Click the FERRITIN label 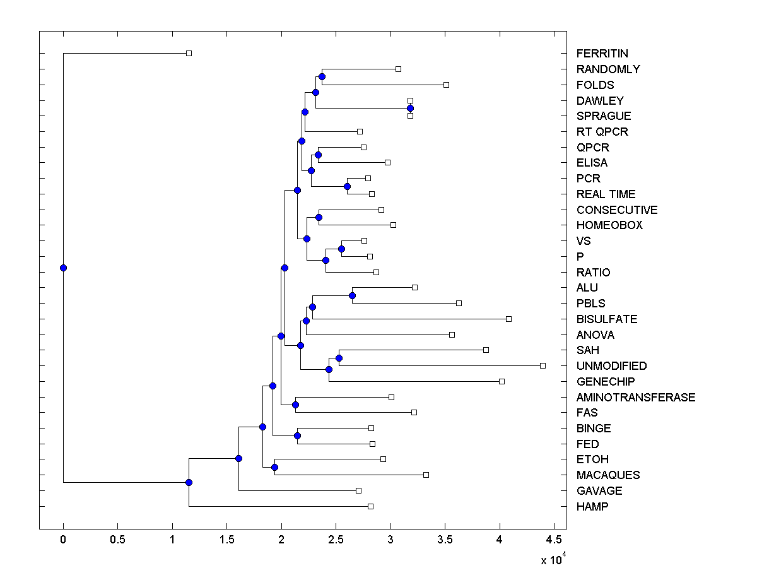pos(602,54)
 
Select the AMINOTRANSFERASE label pos(635,397)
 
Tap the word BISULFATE pos(606,319)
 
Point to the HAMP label pos(592,506)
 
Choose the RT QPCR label pos(602,132)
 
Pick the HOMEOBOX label pos(609,225)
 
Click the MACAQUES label pos(607,475)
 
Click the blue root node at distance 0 pos(63,268)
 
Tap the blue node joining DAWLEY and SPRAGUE pos(410,108)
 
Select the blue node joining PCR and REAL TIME pos(347,186)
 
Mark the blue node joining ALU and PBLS pos(352,295)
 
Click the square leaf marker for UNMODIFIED pos(543,365)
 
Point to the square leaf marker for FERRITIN pos(189,53)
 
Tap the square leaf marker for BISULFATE pos(508,319)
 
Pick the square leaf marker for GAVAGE pos(358,490)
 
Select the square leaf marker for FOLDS pos(446,85)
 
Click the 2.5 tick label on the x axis pos(336,540)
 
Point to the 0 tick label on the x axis pos(63,540)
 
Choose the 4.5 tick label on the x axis pos(554,540)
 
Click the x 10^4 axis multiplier pos(553,559)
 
